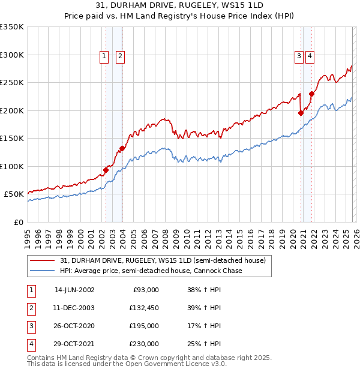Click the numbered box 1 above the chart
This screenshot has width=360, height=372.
pos(104,56)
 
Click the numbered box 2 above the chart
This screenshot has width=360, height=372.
pos(120,56)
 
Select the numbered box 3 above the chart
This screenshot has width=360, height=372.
pos(298,56)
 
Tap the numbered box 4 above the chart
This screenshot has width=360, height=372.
pos(310,56)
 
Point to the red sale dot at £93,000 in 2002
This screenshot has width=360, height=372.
pos(106,170)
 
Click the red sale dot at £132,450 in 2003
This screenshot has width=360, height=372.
pos(122,148)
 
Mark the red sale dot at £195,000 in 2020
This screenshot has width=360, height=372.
pos(301,113)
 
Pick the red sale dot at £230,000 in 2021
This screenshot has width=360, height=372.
pos(311,94)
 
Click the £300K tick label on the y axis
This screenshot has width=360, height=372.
pos(12,55)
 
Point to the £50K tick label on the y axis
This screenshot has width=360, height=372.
pos(14,194)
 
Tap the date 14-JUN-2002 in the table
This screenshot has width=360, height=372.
pos(74,290)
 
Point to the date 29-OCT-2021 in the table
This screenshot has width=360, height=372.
pos(74,344)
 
